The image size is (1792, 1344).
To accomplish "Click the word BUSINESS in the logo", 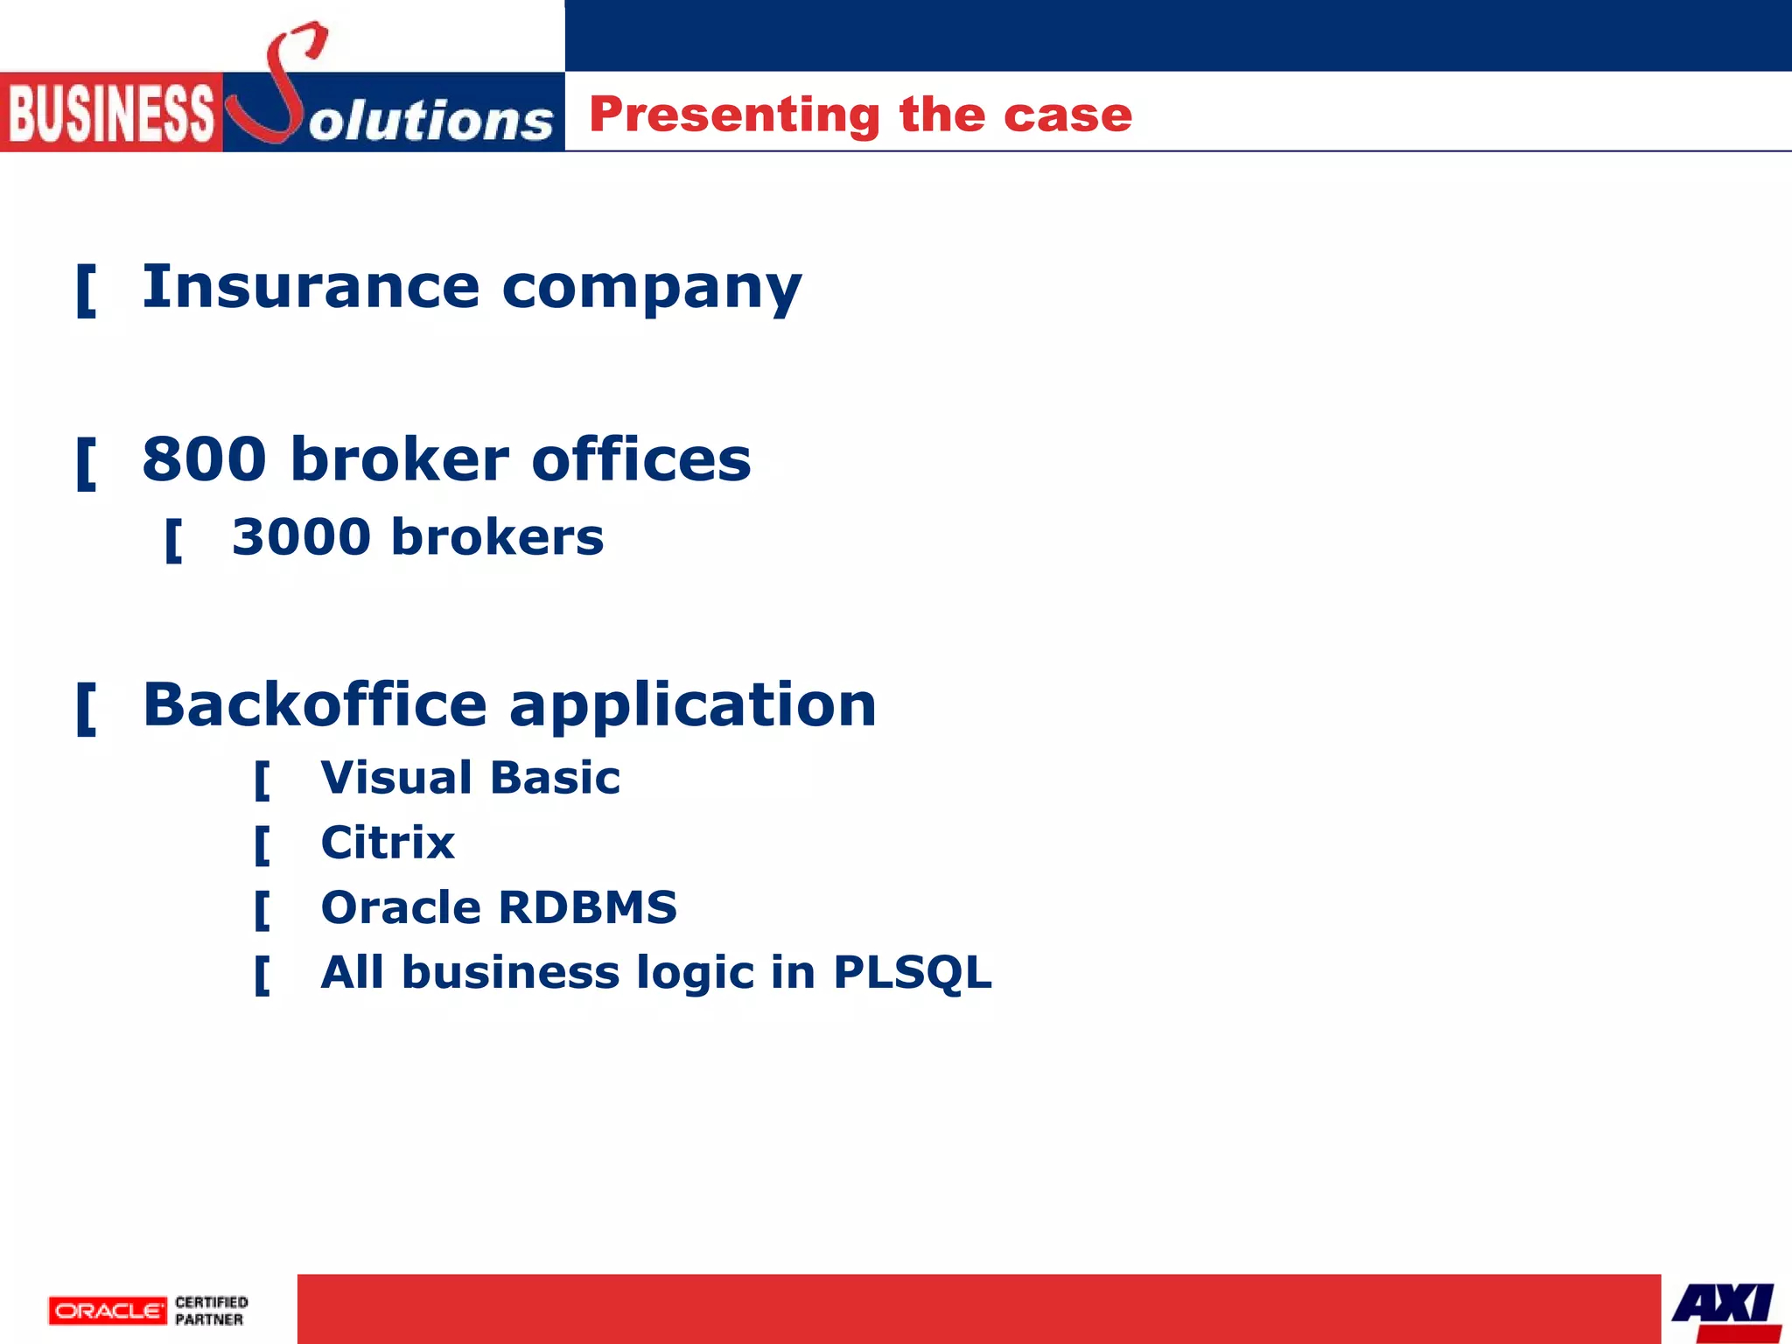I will point(111,114).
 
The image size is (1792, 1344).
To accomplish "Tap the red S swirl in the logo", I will point(278,87).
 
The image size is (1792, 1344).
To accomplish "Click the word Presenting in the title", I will point(734,115).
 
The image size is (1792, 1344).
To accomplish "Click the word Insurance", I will point(311,286).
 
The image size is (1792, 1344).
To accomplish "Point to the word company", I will point(651,289).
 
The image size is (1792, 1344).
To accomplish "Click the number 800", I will point(204,458).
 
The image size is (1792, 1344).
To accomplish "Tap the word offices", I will point(640,458).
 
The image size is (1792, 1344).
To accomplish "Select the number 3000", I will point(301,536).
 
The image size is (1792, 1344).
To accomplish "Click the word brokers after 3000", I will point(497,536).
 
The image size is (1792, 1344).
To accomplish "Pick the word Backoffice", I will point(314,704).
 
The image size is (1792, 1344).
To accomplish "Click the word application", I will point(692,706).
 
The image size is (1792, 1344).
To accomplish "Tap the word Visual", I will point(396,777).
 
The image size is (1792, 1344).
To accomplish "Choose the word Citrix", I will point(388,843).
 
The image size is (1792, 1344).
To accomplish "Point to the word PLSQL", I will point(912,973).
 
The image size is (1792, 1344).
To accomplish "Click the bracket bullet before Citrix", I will point(262,845).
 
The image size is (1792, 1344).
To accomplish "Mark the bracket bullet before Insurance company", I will point(86,290).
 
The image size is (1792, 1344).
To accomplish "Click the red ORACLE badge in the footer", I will point(108,1311).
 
